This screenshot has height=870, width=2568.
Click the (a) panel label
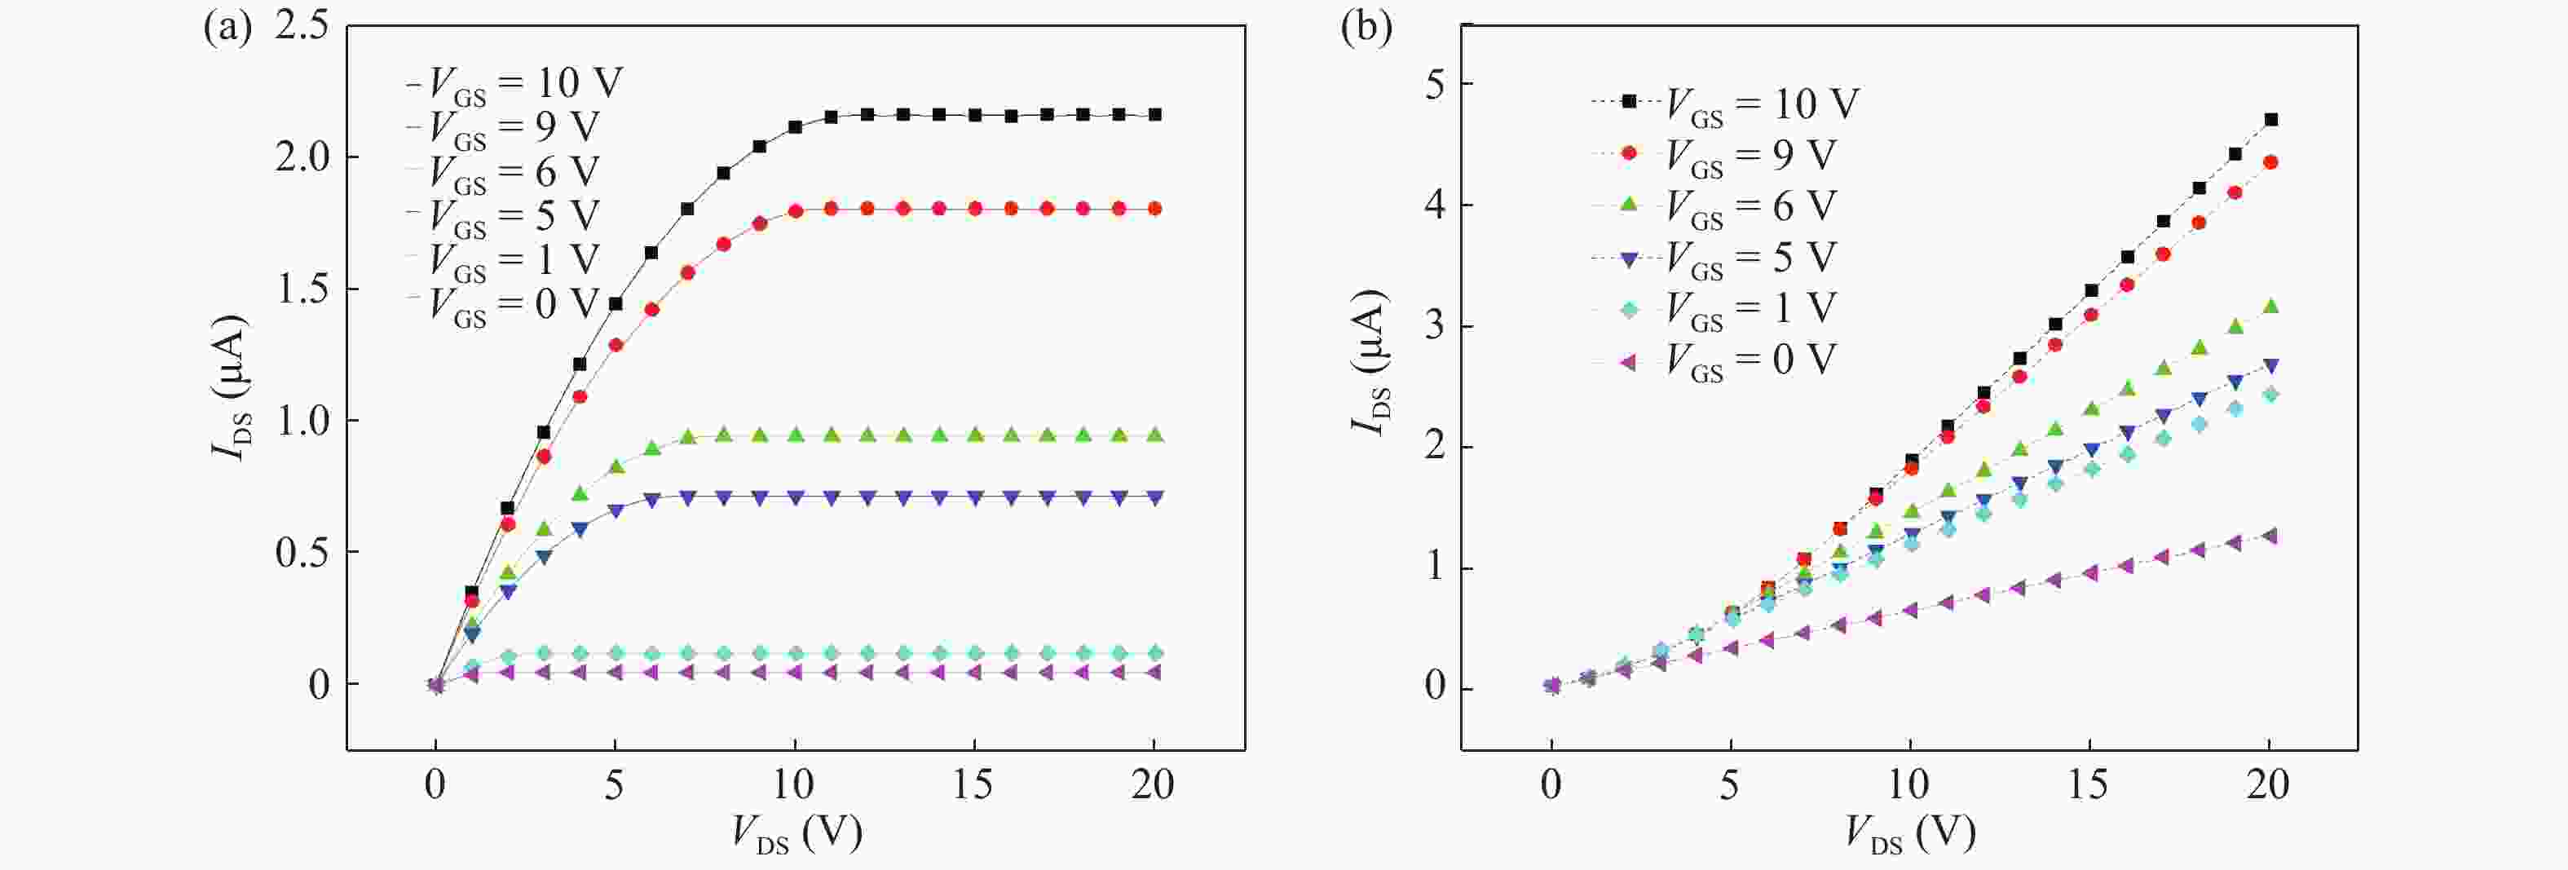pos(227,28)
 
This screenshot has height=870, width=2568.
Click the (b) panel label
pos(1366,28)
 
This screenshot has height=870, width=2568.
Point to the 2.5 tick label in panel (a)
pos(301,26)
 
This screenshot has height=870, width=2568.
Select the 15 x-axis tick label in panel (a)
pos(973,785)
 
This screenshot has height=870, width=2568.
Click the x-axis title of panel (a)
pos(796,833)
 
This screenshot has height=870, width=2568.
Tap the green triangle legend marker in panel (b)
pos(1629,205)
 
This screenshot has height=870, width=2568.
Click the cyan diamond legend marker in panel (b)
pos(1629,309)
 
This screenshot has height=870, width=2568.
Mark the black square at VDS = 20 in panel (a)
pos(1154,115)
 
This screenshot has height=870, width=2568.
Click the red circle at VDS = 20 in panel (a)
pos(1154,208)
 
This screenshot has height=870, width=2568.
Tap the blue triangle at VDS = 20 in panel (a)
pos(1154,497)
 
